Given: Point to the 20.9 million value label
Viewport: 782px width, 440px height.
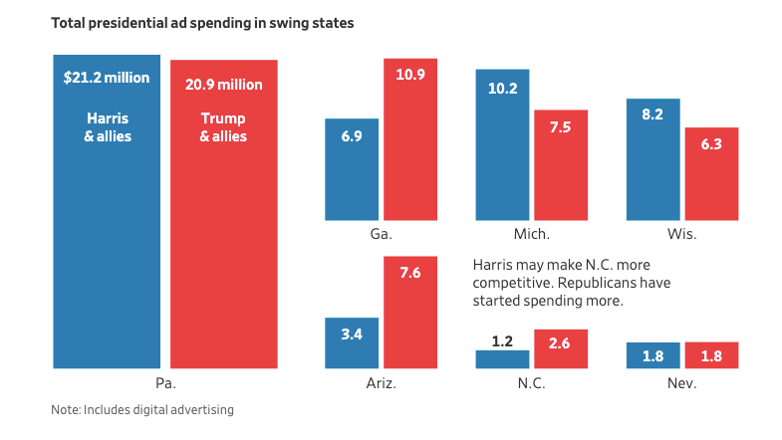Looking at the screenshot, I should pos(224,85).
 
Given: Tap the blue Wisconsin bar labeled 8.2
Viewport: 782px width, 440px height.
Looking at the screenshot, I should pos(652,159).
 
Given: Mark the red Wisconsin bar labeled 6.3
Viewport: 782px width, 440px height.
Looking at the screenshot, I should pos(711,174).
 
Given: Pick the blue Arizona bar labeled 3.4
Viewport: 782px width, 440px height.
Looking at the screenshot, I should pos(351,343).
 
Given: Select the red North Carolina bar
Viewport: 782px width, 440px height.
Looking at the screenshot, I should pos(561,349).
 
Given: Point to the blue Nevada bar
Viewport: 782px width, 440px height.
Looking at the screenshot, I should pos(652,355).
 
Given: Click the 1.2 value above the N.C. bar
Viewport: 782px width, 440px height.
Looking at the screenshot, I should pos(502,341).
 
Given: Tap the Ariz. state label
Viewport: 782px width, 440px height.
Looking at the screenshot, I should pos(381,383).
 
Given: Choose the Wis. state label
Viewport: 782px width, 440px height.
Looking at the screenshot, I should pos(682,235).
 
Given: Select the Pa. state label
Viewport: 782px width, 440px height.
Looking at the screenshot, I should pos(165,383).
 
